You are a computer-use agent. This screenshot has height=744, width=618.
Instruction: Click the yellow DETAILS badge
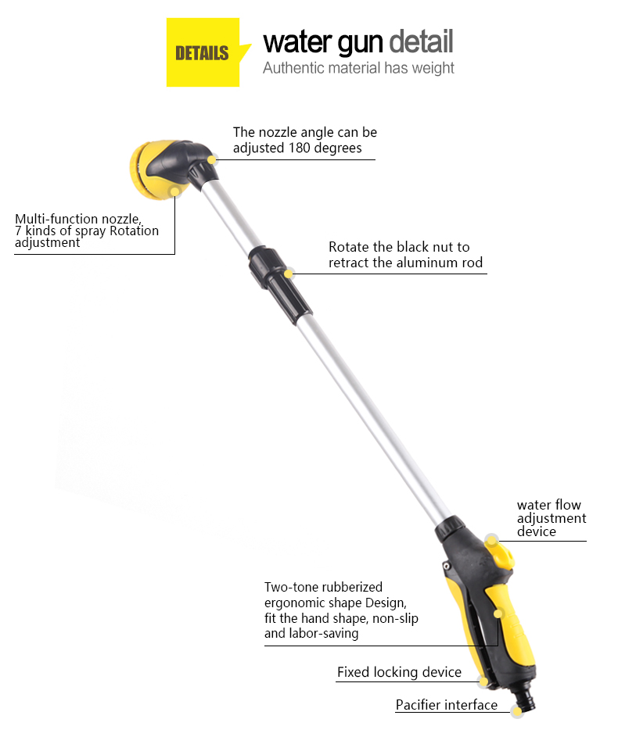click(203, 52)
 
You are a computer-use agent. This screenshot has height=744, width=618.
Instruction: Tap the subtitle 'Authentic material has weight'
click(358, 68)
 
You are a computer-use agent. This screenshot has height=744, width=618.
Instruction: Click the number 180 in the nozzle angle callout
click(300, 148)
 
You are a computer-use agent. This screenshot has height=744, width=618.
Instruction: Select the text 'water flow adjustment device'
click(552, 517)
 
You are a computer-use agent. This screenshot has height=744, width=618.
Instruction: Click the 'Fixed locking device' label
click(399, 672)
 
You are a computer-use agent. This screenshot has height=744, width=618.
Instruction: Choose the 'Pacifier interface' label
click(447, 705)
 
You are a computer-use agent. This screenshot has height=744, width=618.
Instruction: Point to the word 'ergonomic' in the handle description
click(296, 603)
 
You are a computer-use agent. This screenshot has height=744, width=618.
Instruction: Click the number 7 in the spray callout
click(18, 231)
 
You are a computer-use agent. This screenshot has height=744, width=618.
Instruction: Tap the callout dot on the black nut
click(289, 274)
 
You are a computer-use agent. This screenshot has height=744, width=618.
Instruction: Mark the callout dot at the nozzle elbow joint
click(212, 159)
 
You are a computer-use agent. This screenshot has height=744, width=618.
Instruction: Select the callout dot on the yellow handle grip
click(498, 613)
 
